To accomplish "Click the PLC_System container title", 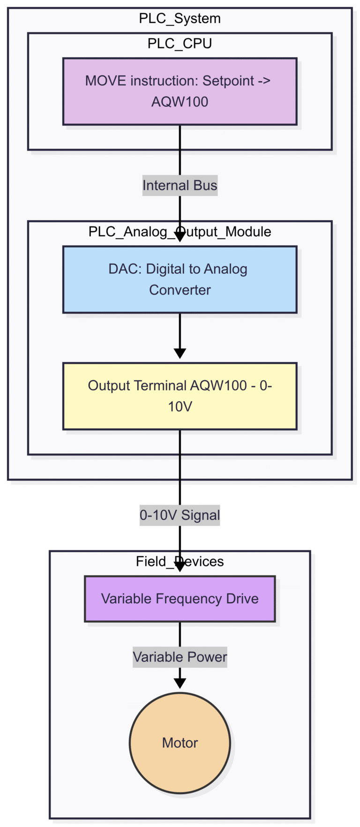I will coord(180,19).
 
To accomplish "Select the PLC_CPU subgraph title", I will coord(180,44).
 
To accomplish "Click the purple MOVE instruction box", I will coord(180,91).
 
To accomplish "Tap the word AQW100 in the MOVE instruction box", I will coord(180,102).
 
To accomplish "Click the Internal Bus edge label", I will coord(180,186).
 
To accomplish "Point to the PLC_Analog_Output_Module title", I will coord(180,232).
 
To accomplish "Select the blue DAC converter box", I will coord(180,279).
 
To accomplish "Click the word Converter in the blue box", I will coord(180,290).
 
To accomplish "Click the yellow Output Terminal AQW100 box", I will coord(180,396).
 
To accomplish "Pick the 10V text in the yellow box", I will coord(180,406).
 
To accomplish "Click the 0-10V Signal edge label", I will coord(180,515).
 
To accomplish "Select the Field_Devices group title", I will coord(180,561).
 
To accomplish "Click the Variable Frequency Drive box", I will coord(180,599).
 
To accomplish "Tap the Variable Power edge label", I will coord(180,657).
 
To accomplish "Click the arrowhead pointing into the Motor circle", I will coord(180,684).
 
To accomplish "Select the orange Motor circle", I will coord(180,743).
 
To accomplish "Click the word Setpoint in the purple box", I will coord(228,81).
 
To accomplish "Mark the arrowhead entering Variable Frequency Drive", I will coord(180,567).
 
